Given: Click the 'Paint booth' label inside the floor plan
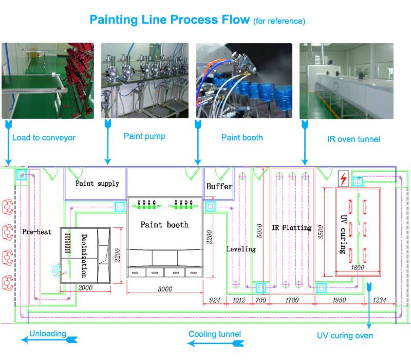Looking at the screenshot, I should [x=164, y=225].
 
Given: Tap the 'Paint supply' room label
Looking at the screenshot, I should [x=97, y=183].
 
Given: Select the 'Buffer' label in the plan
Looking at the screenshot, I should [x=219, y=186].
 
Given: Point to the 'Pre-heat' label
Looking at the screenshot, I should [x=36, y=232].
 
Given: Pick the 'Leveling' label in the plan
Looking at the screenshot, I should [x=241, y=249].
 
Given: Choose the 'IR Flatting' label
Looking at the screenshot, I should [x=292, y=227].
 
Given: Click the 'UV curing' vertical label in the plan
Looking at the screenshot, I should [x=343, y=234].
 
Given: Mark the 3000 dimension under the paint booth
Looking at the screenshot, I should [x=164, y=290].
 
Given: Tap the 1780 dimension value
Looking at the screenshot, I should [x=291, y=300].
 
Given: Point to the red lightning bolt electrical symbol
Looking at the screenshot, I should [x=343, y=179].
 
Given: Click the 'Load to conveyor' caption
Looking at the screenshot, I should [x=44, y=137].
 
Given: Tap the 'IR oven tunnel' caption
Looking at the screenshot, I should [x=353, y=139].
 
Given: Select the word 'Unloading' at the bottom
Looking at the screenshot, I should [x=47, y=333].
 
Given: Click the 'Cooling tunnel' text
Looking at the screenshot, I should [x=214, y=334].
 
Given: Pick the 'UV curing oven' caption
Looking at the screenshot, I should [x=345, y=336].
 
